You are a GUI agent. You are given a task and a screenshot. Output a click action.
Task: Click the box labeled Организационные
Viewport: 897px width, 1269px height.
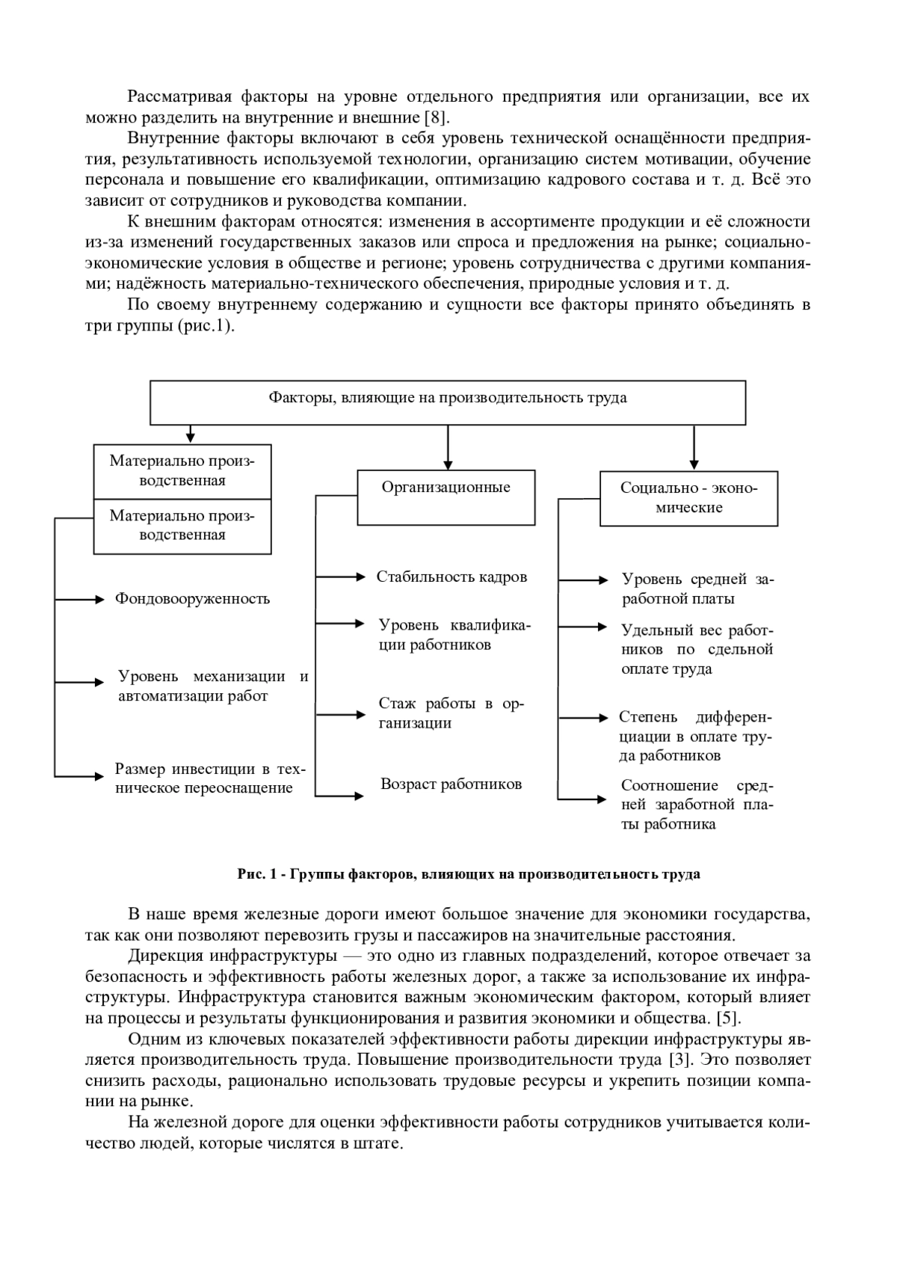click(x=446, y=497)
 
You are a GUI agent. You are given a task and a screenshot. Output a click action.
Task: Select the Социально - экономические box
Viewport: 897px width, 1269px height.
click(x=688, y=499)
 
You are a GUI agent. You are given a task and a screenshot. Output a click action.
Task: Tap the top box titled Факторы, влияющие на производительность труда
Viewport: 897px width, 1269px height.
click(x=448, y=402)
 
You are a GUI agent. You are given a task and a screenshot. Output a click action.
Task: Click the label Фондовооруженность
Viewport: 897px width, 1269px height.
click(x=192, y=599)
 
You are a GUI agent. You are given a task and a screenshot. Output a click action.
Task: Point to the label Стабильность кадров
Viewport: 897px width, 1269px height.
click(x=451, y=577)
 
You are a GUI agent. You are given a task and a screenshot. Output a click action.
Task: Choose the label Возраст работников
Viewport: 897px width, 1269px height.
click(x=451, y=784)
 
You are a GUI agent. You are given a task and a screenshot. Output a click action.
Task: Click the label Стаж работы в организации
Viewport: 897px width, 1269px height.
click(x=451, y=713)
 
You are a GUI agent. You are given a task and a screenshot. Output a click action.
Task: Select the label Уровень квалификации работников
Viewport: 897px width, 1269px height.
click(x=454, y=635)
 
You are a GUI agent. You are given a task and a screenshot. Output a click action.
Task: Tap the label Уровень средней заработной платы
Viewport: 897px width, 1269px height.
click(x=697, y=589)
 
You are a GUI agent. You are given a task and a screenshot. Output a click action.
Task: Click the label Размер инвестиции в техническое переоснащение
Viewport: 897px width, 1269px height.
click(x=211, y=778)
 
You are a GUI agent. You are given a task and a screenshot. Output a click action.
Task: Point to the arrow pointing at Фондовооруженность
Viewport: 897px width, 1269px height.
click(x=79, y=599)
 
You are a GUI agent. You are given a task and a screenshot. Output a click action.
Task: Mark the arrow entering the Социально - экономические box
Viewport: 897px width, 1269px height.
click(x=694, y=448)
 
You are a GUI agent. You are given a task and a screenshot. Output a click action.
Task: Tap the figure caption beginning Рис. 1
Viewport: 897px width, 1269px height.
click(x=469, y=874)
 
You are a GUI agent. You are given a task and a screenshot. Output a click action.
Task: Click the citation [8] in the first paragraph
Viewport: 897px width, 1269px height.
click(x=437, y=117)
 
